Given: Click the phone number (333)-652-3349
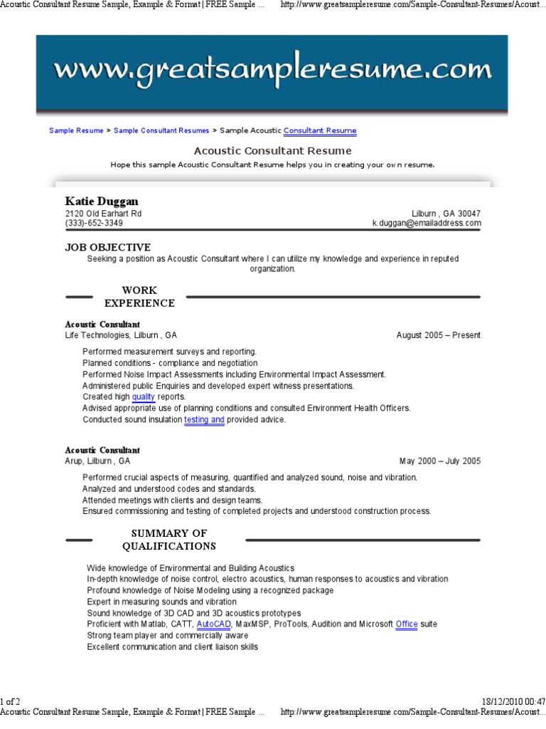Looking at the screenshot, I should click(94, 224).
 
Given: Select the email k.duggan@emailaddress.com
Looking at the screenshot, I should click(427, 224).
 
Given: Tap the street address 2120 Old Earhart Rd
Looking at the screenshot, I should click(103, 214).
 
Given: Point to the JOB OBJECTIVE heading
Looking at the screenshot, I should click(108, 247).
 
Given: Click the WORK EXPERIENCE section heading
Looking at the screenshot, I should click(139, 297).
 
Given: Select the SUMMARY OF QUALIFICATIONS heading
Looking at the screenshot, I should click(168, 540).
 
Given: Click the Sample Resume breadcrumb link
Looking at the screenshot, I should click(76, 131).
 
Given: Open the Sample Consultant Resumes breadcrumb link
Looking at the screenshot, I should click(161, 131).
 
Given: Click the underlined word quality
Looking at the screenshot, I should click(143, 397).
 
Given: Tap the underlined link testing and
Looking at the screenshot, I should click(204, 420).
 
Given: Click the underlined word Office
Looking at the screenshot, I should click(407, 624).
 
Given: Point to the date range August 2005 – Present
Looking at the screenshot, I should click(438, 335).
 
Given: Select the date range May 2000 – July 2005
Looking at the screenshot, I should click(439, 461).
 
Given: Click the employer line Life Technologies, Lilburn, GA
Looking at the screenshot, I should click(121, 335).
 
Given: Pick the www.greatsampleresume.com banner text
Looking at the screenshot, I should click(272, 70).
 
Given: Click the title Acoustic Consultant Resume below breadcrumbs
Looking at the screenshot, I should click(272, 151).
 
